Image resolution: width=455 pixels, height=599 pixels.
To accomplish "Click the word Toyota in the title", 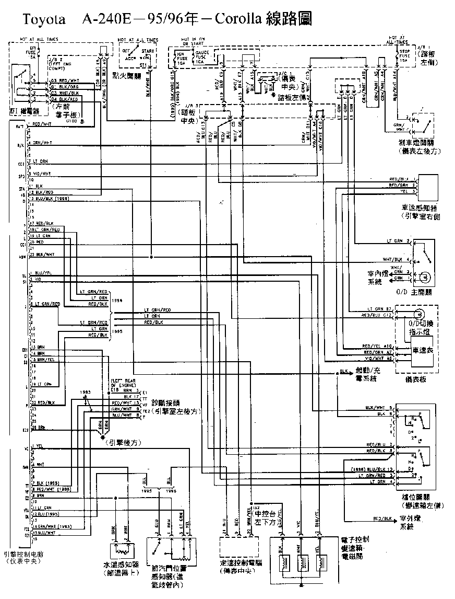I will click(43, 20).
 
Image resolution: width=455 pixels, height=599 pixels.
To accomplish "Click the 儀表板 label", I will click(415, 379).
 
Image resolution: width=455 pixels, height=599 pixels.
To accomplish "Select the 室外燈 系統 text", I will click(413, 523).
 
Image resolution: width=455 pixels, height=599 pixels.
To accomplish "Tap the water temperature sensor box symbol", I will click(121, 549).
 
